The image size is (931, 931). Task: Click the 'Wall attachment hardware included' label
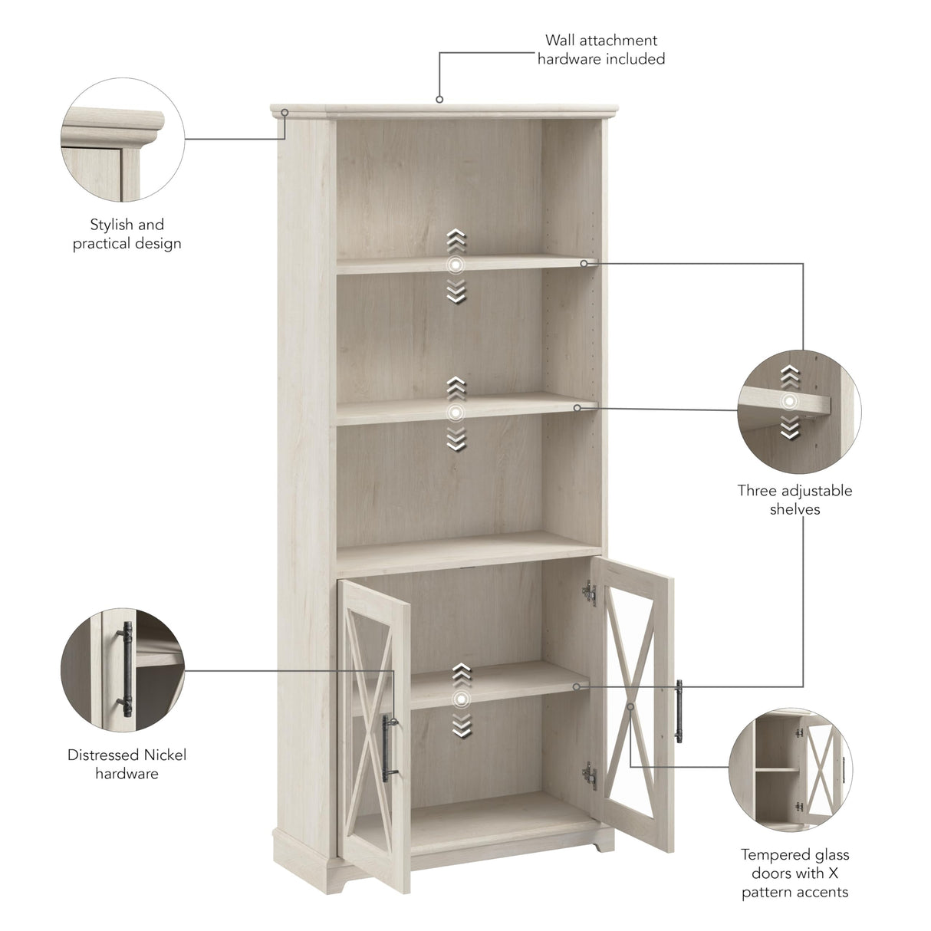[x=600, y=49]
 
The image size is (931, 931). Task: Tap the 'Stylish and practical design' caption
[x=127, y=234]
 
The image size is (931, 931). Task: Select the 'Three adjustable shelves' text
[x=794, y=499]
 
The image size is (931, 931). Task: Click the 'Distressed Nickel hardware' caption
[x=127, y=764]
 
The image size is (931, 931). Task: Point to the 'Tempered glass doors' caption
[x=794, y=873]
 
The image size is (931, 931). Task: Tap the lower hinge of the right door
[x=588, y=775]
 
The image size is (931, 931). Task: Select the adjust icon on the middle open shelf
[x=456, y=413]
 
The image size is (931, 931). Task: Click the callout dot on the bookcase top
[x=439, y=99]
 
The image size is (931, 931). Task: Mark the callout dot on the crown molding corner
[x=284, y=113]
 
